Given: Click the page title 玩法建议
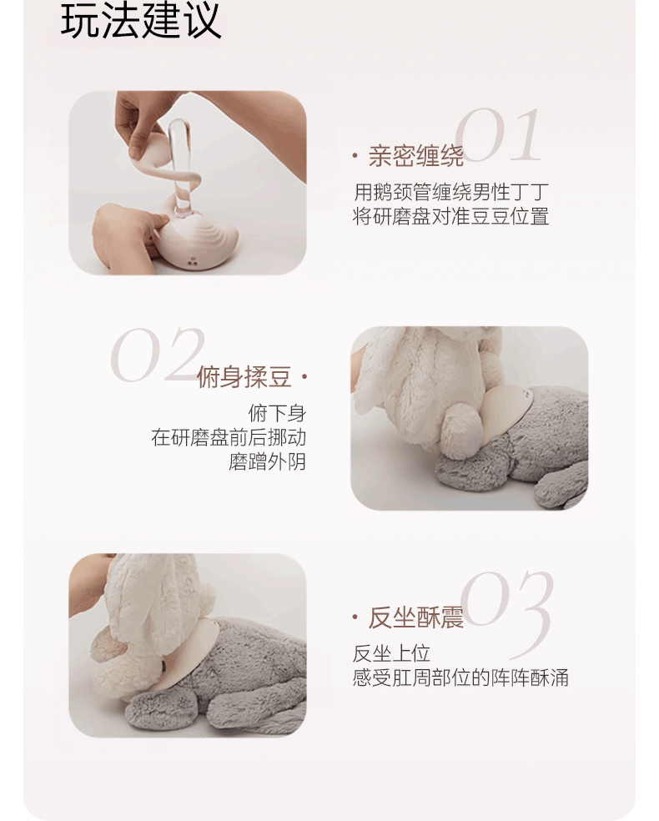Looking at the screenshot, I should click(x=141, y=22).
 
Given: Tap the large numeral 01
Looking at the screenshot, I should click(x=499, y=137).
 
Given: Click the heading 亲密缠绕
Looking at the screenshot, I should click(x=415, y=156).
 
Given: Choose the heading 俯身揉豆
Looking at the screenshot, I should click(x=244, y=378).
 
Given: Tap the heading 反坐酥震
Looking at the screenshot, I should click(x=415, y=618).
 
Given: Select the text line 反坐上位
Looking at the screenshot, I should click(x=391, y=653).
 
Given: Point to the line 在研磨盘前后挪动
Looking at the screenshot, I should click(x=229, y=438).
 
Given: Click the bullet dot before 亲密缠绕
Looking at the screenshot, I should click(x=355, y=156).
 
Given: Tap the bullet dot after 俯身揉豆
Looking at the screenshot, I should click(x=304, y=378).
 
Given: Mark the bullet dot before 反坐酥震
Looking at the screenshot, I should click(x=355, y=618).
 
